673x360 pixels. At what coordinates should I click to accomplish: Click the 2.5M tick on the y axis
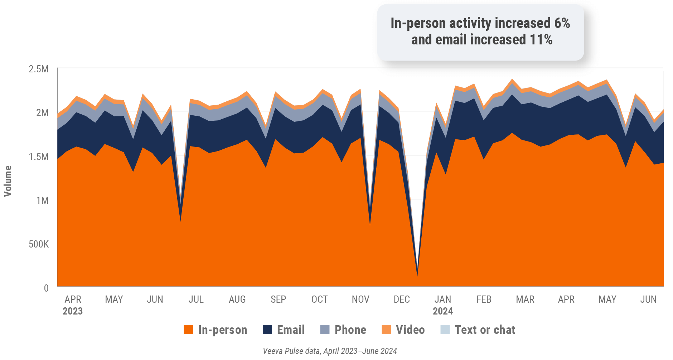tap(39, 69)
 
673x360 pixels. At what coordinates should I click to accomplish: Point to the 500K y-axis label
tap(39, 244)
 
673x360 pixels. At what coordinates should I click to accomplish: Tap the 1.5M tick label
tap(39, 157)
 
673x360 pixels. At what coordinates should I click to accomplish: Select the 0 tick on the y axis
tap(46, 288)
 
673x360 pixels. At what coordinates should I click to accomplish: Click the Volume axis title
tap(8, 181)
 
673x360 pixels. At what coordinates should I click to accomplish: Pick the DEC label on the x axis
tap(402, 299)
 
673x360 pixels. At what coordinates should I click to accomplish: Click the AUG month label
tap(237, 299)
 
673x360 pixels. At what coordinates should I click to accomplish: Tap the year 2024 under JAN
tap(443, 311)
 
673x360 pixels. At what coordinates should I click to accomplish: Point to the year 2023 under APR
tap(73, 311)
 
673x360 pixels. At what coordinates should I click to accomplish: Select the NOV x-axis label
tap(360, 299)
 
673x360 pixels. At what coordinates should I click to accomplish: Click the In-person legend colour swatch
tap(188, 330)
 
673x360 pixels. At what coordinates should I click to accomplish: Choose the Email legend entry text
tap(291, 330)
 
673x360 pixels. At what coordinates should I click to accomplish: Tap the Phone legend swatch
tap(325, 330)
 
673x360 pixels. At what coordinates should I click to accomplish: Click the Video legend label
tap(410, 330)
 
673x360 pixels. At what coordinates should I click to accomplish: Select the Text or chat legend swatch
tap(445, 330)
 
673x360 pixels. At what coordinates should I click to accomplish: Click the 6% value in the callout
tap(562, 23)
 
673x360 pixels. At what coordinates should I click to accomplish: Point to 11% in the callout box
tap(541, 40)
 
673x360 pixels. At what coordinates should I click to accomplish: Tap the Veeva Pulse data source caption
tap(330, 351)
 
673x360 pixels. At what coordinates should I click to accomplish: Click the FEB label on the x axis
tap(484, 299)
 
